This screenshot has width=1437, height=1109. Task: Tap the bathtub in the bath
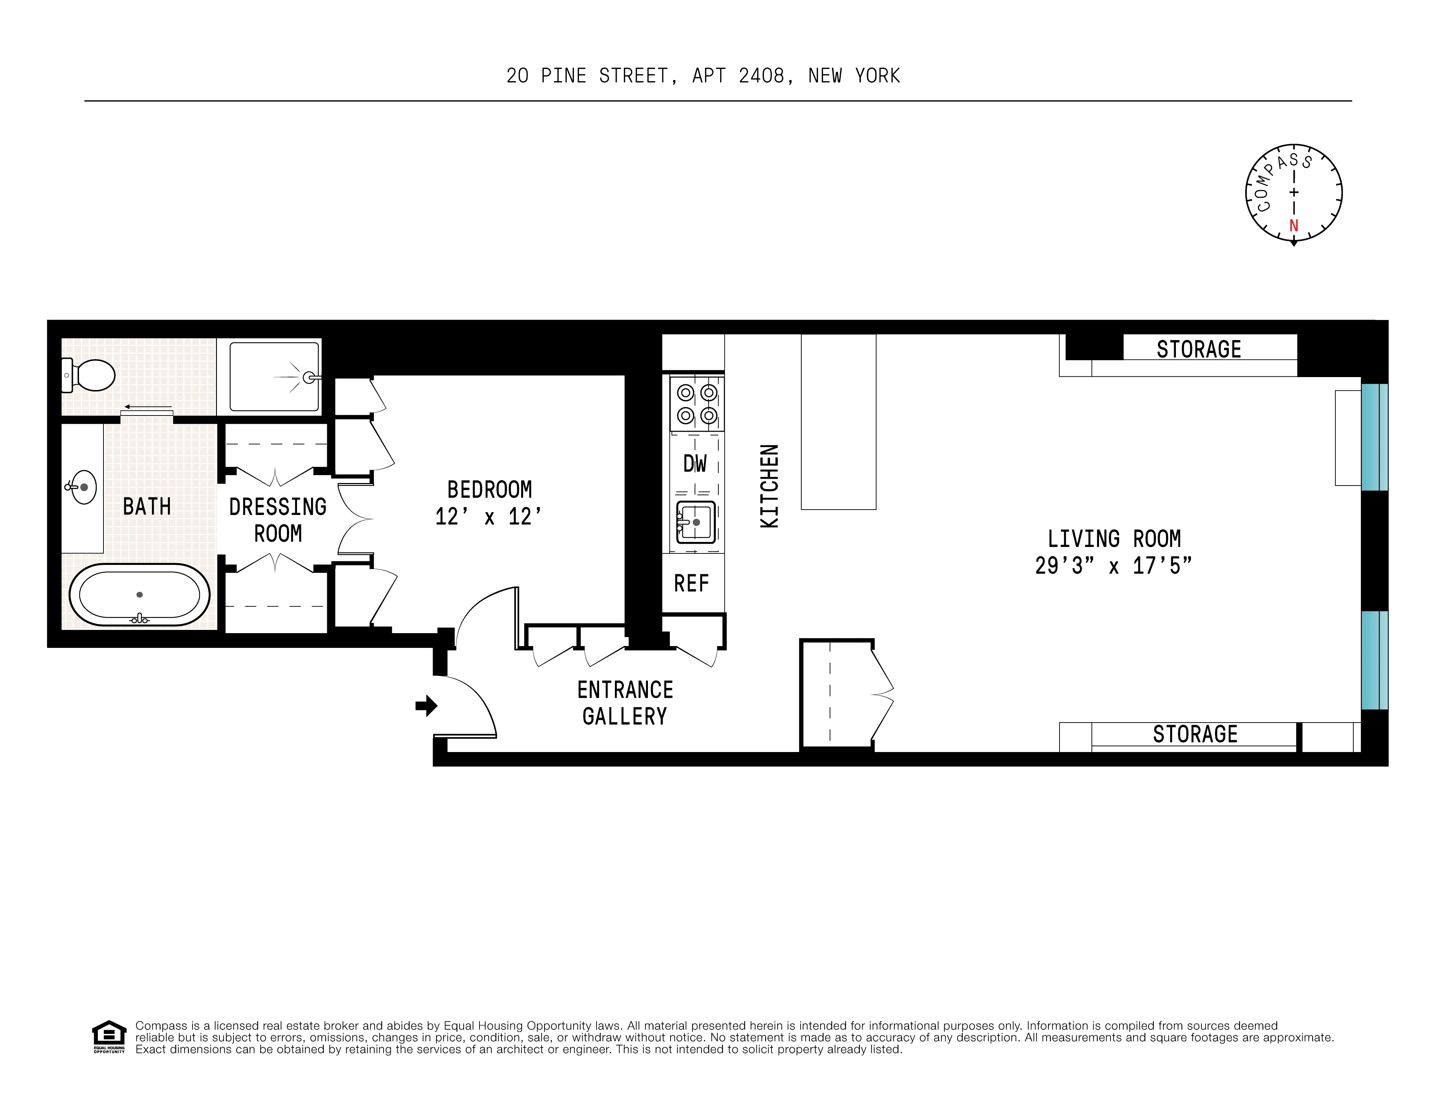(139, 595)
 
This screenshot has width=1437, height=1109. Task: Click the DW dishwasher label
(695, 464)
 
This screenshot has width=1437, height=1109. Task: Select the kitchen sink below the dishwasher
(695, 521)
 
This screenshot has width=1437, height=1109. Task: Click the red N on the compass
(1294, 226)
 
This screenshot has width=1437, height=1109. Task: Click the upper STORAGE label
(1199, 349)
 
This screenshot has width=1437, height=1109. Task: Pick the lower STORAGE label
(1195, 734)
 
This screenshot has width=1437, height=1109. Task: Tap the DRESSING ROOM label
(278, 520)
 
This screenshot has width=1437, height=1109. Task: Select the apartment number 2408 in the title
(761, 76)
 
